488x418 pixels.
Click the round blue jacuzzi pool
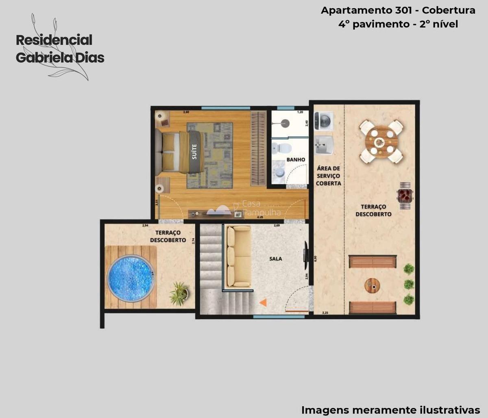click(x=131, y=278)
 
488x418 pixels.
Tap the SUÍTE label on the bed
click(x=194, y=151)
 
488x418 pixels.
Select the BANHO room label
click(x=296, y=160)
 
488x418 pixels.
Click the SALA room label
click(x=275, y=259)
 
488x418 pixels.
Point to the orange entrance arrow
click(x=263, y=302)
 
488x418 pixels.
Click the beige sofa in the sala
click(x=239, y=256)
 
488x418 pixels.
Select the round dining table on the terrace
click(x=381, y=142)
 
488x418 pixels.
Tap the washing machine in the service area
click(x=324, y=121)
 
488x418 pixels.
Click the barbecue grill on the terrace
click(x=405, y=196)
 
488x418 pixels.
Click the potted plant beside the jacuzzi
click(x=179, y=293)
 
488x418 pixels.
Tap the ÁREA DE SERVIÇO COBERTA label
click(x=329, y=176)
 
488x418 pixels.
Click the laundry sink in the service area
click(x=324, y=145)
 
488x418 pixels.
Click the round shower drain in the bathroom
click(x=284, y=122)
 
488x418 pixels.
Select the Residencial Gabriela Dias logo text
click(x=60, y=49)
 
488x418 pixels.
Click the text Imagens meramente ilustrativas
click(x=390, y=409)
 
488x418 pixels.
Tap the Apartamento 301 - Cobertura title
click(x=398, y=11)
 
